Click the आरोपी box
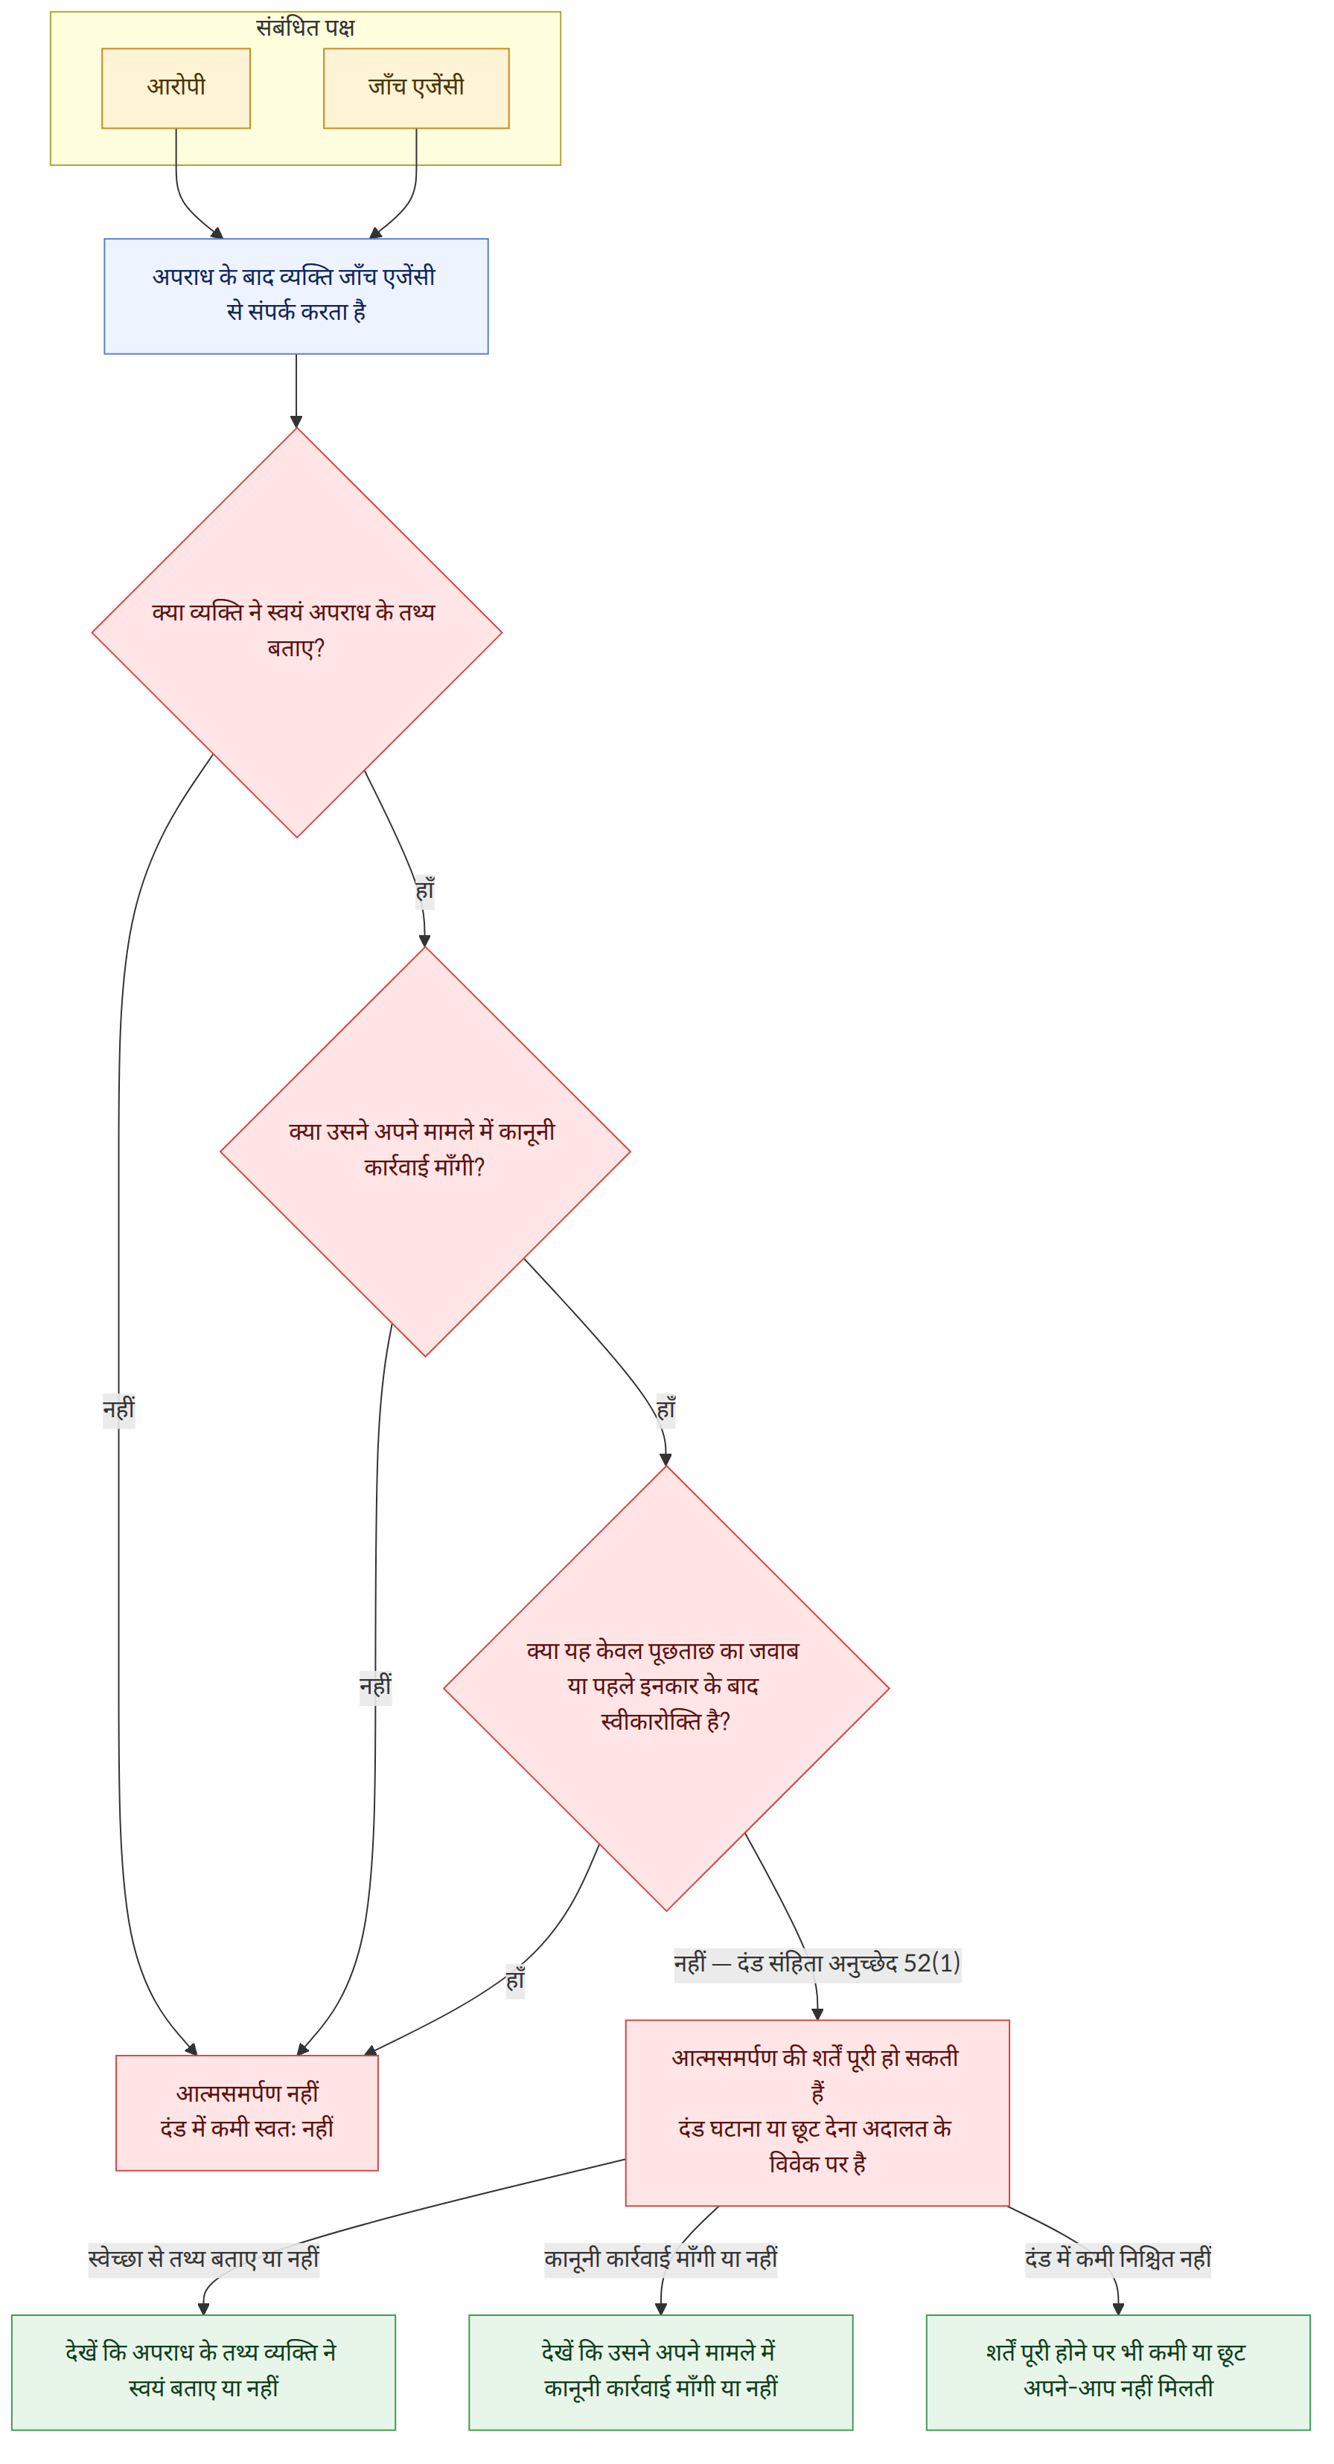[x=176, y=88]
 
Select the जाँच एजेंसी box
[x=416, y=88]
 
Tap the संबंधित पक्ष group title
[x=305, y=28]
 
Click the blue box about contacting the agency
[x=296, y=297]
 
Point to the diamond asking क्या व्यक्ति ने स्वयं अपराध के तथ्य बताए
[x=297, y=632]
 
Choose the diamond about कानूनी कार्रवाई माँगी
[x=425, y=1152]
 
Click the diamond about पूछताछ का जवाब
[x=666, y=1688]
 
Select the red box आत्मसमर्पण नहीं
[x=247, y=2113]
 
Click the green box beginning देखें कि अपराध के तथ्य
[x=203, y=2372]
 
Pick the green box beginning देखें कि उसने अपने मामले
[x=660, y=2372]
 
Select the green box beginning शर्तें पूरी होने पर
[x=1117, y=2372]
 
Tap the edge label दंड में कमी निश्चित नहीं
[x=1117, y=2259]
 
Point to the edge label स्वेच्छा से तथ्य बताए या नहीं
[x=203, y=2259]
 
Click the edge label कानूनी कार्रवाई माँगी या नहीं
[x=660, y=2259]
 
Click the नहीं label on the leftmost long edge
[x=118, y=1411]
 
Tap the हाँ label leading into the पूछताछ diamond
[x=666, y=1411]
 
